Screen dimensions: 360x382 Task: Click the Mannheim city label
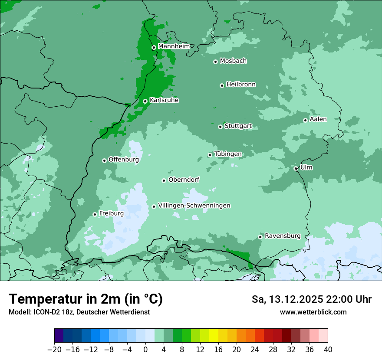174,46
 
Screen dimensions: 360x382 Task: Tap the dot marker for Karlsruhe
145,101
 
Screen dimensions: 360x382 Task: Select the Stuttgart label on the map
238,126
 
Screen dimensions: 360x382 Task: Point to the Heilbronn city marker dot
222,85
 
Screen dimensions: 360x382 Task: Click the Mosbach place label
233,61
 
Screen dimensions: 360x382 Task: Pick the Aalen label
318,119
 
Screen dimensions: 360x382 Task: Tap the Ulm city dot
296,168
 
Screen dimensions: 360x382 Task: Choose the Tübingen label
228,154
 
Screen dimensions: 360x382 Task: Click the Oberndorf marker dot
164,180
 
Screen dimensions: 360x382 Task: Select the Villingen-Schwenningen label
194,206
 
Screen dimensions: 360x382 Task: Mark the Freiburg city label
111,213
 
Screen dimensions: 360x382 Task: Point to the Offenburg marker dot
104,160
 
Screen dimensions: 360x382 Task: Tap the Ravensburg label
283,236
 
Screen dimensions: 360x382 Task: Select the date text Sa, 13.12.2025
289,299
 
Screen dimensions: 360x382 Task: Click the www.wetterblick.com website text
313,312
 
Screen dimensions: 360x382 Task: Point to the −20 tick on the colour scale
54,350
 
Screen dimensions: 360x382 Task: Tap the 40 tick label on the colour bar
328,350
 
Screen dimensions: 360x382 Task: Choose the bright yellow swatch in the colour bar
214,336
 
